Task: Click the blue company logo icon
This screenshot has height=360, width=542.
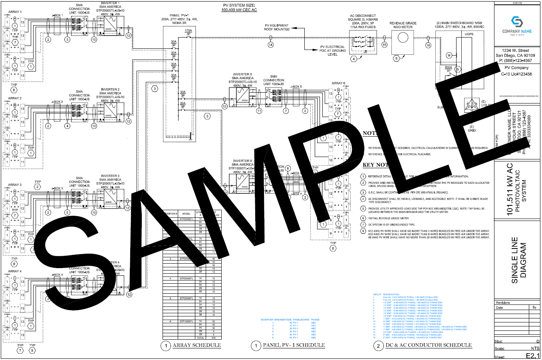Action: [517, 22]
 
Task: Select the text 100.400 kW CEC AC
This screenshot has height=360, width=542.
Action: [239, 10]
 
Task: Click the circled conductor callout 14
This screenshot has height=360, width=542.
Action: [271, 45]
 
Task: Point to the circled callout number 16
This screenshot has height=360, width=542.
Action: [428, 45]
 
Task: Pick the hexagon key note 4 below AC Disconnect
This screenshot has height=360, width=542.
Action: [353, 59]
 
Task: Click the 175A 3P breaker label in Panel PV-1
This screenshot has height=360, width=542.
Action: [188, 32]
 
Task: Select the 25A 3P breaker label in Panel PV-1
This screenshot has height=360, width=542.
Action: [183, 105]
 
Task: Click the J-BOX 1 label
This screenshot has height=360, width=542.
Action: [57, 16]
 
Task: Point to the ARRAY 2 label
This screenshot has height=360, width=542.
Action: [15, 98]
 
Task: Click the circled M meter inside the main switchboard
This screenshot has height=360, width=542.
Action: [449, 56]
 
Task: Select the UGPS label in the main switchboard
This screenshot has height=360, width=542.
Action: [469, 34]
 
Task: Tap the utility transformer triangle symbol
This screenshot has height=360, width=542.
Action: [472, 105]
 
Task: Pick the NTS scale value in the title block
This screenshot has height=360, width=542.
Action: [535, 348]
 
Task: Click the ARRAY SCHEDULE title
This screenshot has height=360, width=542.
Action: [197, 345]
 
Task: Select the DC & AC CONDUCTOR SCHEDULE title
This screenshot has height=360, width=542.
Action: [429, 345]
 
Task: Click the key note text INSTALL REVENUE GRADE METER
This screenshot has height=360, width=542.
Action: [388, 219]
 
